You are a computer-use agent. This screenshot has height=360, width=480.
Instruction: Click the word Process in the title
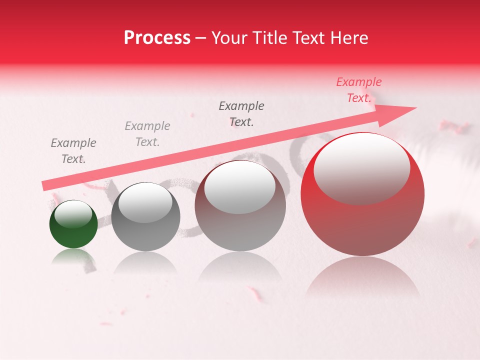point(157,38)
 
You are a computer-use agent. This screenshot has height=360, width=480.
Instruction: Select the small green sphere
point(73,224)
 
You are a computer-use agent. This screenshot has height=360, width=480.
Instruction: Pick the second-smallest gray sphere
point(145,216)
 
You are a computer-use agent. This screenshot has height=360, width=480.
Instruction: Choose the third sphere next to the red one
point(240,206)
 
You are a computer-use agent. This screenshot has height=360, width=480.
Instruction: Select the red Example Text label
point(359,90)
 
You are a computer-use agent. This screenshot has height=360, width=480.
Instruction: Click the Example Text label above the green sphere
point(73,151)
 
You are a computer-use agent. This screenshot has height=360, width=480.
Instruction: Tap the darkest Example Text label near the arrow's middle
point(241,114)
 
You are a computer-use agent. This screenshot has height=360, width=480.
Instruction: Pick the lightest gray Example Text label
point(147,134)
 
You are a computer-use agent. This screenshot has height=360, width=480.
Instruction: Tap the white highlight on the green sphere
point(73,213)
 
